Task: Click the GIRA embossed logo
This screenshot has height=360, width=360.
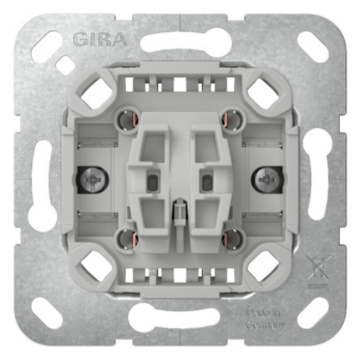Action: coord(99,38)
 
